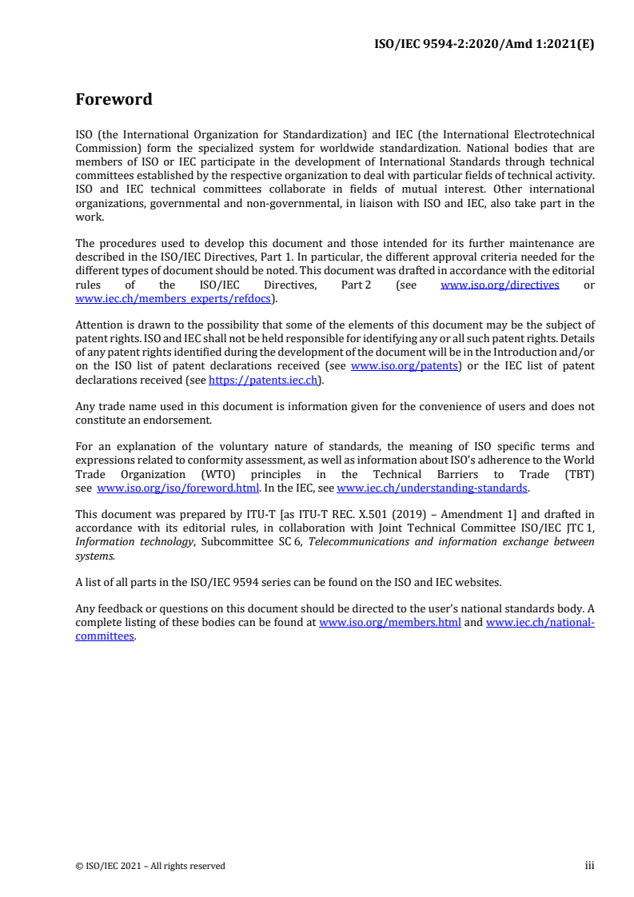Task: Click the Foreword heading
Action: click(114, 100)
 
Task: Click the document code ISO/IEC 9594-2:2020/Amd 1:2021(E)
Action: click(484, 45)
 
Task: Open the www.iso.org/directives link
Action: click(500, 285)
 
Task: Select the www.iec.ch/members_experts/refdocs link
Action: click(173, 298)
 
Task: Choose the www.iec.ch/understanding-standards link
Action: click(432, 488)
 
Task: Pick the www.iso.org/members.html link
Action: click(389, 623)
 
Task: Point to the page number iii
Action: click(589, 866)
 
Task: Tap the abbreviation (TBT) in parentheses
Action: click(580, 474)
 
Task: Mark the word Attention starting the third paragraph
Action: click(98, 325)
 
